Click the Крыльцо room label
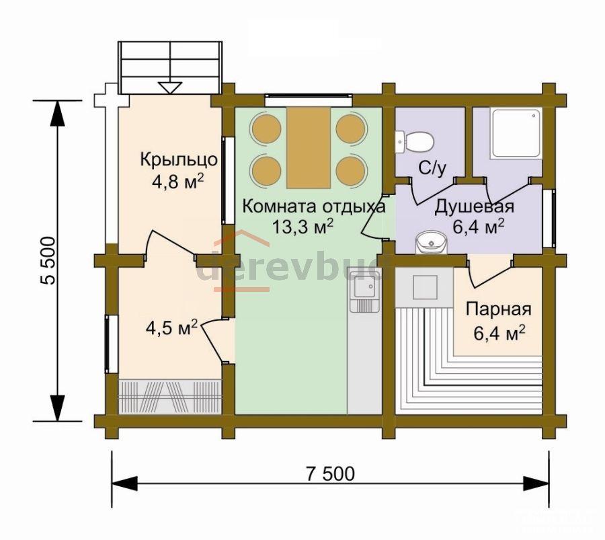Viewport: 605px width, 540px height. click(x=179, y=159)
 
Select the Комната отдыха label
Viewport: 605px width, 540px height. click(x=314, y=206)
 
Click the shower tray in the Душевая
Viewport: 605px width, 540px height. click(x=516, y=133)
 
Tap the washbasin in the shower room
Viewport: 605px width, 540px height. click(x=432, y=242)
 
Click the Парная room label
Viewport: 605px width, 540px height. click(x=499, y=309)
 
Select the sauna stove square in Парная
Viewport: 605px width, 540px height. click(x=426, y=288)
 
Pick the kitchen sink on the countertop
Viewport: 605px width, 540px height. click(x=362, y=291)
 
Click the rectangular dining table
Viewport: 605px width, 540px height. click(x=309, y=147)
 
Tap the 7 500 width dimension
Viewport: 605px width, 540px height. click(x=330, y=473)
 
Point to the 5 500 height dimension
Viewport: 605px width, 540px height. click(x=48, y=260)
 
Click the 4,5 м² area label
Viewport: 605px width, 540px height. click(x=171, y=328)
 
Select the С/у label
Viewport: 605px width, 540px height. click(x=432, y=168)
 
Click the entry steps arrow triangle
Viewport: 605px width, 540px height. click(x=170, y=87)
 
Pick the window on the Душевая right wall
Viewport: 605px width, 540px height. click(x=549, y=219)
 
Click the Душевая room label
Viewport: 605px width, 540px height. click(x=475, y=206)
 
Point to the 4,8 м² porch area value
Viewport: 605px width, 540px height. click(x=178, y=181)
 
